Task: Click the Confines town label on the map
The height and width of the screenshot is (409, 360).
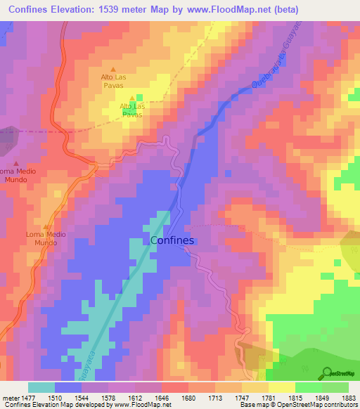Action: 172,240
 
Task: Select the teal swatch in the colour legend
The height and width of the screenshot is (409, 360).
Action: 41,387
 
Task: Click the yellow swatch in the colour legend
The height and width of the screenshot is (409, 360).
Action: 282,387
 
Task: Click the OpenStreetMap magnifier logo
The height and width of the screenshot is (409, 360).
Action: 326,372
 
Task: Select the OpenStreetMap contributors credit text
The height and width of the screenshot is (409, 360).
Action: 323,405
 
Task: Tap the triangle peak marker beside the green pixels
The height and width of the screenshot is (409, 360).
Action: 132,98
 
